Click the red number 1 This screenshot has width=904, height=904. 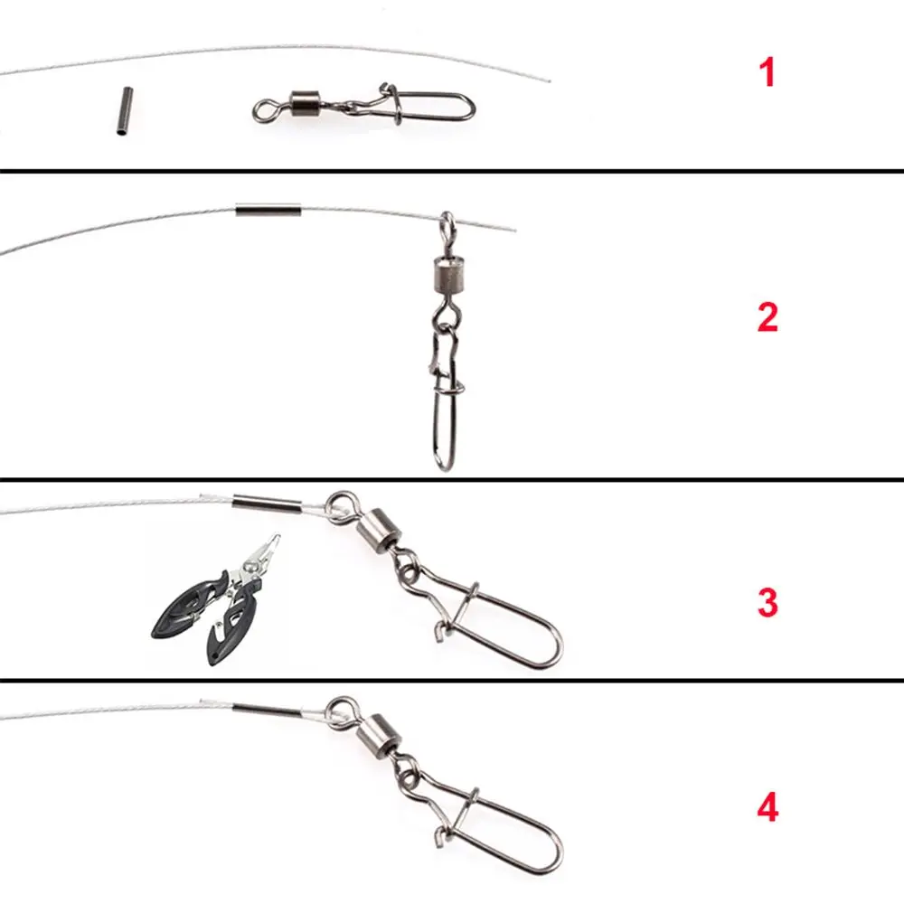(x=767, y=72)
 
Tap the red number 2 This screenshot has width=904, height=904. (x=767, y=317)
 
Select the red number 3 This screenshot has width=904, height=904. (x=767, y=603)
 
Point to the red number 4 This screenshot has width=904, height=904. (x=767, y=807)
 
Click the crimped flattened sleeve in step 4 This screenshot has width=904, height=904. (x=267, y=708)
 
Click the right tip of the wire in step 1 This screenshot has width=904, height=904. (x=548, y=80)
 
